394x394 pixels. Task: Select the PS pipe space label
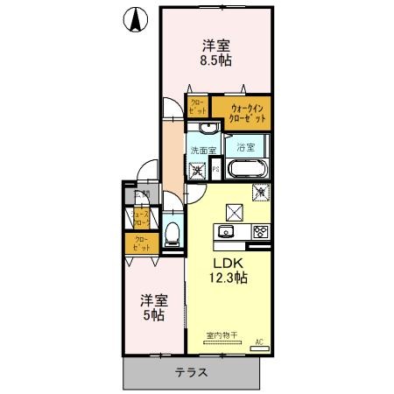click(215, 170)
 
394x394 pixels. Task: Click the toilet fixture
click(173, 234)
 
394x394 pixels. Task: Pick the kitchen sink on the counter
click(224, 232)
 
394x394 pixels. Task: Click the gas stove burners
click(259, 232)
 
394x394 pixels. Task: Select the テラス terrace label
click(191, 372)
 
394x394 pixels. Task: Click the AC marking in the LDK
click(259, 341)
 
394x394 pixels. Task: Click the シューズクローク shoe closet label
click(139, 216)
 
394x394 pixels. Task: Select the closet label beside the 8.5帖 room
click(197, 107)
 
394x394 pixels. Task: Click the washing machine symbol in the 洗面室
click(198, 170)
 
